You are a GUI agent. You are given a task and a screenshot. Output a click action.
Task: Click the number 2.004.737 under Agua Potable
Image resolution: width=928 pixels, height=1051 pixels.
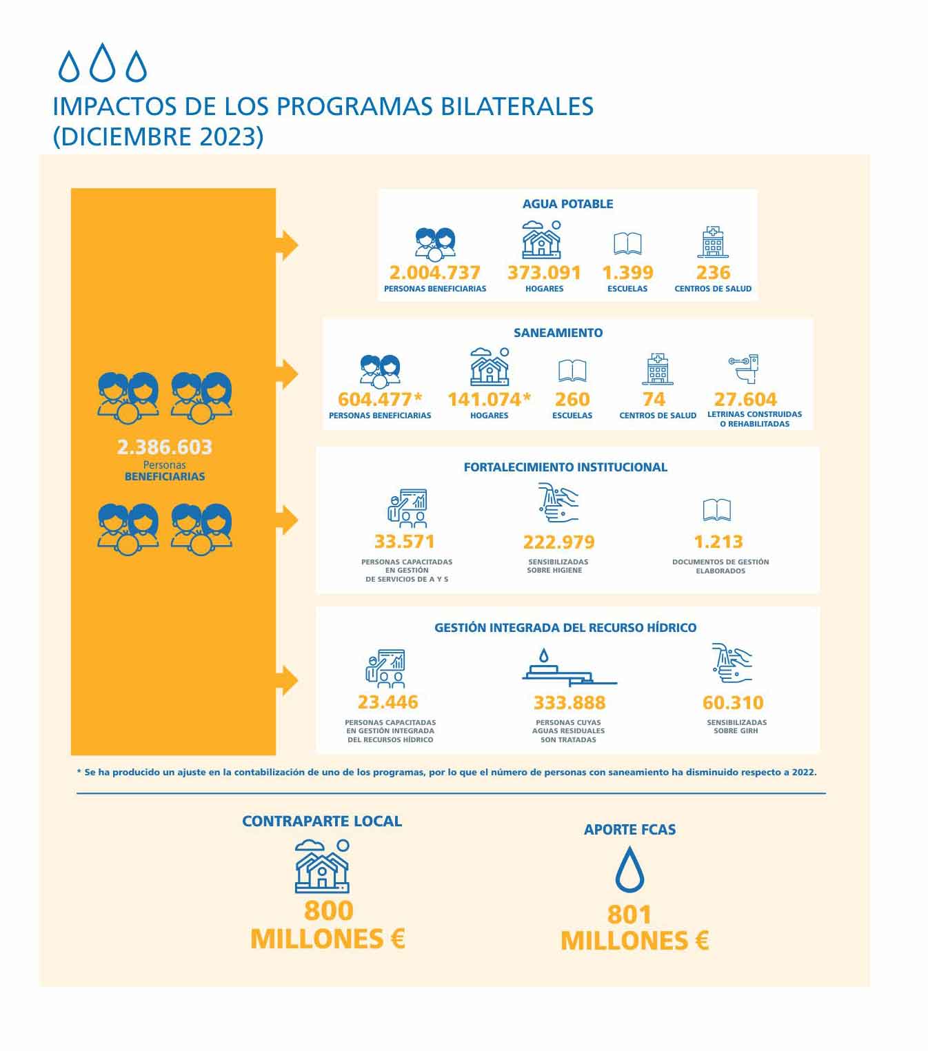coord(434,273)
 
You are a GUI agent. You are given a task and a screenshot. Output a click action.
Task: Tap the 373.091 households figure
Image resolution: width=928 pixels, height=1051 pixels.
coord(544,273)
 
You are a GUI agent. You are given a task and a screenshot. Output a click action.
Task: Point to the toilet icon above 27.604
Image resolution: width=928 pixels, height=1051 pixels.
coord(745,369)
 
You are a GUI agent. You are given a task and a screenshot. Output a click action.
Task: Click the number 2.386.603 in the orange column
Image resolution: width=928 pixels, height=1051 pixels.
coord(165,447)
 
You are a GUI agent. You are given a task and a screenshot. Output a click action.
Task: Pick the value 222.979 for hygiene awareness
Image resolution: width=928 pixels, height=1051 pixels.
coord(558,542)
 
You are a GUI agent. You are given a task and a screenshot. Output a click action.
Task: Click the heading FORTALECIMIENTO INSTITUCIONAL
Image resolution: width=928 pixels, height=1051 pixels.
coord(565,467)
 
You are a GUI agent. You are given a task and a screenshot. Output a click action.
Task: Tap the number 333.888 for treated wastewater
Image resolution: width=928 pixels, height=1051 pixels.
coord(569,703)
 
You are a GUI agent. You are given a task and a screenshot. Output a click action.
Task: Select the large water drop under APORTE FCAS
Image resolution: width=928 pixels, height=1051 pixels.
coord(629,870)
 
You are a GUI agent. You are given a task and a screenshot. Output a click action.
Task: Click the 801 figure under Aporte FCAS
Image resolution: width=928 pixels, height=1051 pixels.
coord(629,915)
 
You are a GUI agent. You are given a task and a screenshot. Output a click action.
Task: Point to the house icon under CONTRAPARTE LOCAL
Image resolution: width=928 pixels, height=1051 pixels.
coord(322,866)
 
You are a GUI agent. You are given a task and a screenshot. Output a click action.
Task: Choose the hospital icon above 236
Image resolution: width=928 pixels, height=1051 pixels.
coord(713,242)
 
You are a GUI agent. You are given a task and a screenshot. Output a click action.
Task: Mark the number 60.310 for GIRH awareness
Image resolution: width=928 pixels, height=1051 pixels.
coord(733,703)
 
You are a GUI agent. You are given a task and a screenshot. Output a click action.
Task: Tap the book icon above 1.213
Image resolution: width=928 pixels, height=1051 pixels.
coord(717,510)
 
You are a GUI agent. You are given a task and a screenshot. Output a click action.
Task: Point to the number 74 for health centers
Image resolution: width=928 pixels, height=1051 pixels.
coord(654,400)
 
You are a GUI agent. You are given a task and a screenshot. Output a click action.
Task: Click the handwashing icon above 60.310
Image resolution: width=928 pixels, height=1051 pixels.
coord(732,664)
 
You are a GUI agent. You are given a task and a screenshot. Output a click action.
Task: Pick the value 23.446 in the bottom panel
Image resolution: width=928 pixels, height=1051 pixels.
coord(387,702)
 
